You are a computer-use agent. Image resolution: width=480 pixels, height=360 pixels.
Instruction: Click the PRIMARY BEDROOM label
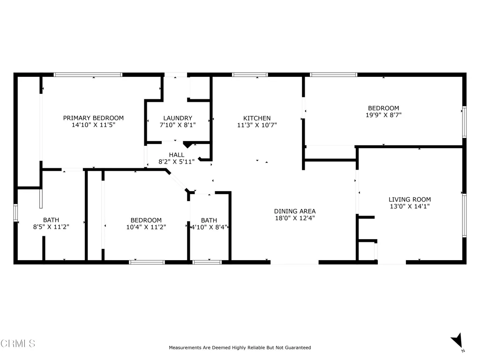[x=93, y=118]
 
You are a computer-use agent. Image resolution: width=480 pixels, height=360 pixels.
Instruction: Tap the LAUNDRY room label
[x=178, y=118]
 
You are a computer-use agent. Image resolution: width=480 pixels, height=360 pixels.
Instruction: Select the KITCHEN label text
[x=257, y=118]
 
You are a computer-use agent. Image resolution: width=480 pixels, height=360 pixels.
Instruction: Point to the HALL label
[x=177, y=155]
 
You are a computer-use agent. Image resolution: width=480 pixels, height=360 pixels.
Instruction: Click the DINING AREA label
[x=295, y=211]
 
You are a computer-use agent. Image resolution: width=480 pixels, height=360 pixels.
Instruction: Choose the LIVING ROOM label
[x=410, y=200]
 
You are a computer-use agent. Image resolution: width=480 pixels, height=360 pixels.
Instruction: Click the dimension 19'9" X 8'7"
[x=383, y=115]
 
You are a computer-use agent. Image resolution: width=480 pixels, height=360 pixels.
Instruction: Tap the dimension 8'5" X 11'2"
[x=51, y=227]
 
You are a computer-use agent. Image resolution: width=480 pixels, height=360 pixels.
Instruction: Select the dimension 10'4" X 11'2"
[x=146, y=227]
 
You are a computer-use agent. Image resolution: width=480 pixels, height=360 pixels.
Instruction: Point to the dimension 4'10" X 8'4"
[x=209, y=227]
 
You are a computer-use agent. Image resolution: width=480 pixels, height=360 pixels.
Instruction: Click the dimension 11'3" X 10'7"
[x=257, y=125]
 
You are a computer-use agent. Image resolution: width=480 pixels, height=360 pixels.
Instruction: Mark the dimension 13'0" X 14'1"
[x=410, y=206]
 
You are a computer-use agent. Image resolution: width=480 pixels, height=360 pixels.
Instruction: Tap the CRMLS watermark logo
[x=18, y=344]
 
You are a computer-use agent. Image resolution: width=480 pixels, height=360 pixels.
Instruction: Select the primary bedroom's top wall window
[x=88, y=75]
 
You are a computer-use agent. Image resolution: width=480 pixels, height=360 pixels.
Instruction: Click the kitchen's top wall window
[x=250, y=75]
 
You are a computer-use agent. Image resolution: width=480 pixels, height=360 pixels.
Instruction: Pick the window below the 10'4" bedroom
[x=147, y=262]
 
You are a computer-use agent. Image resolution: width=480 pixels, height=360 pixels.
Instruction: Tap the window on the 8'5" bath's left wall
[x=15, y=213]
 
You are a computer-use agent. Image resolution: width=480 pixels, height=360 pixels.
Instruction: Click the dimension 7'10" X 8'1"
[x=178, y=125]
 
